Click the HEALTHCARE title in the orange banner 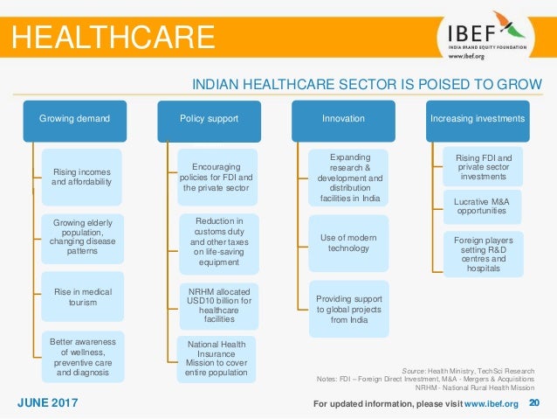click(x=112, y=36)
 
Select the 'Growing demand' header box click(x=74, y=119)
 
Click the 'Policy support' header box click(x=208, y=119)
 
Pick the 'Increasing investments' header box click(x=477, y=119)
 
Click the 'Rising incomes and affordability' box click(x=81, y=178)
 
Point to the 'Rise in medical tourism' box click(x=81, y=297)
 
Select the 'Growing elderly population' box click(x=81, y=237)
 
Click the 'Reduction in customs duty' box click(x=216, y=240)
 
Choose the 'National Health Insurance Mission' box click(x=216, y=360)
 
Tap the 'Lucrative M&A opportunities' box click(x=483, y=207)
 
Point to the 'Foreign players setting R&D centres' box click(x=483, y=254)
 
